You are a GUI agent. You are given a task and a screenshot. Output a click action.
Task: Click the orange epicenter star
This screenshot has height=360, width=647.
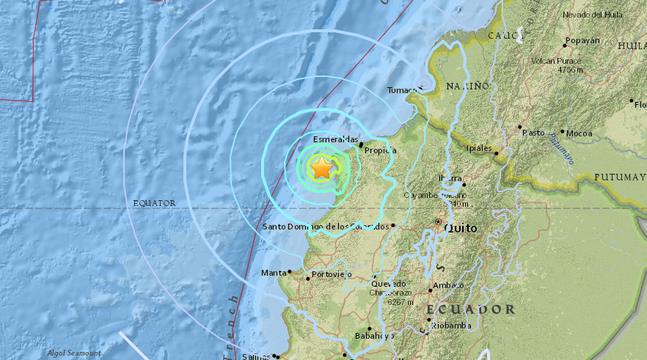(321, 169)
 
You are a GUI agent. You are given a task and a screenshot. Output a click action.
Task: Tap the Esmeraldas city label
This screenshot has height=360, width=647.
(335, 139)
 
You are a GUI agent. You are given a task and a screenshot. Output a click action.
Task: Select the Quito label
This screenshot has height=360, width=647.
(460, 228)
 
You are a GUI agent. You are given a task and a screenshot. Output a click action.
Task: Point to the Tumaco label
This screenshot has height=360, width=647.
(402, 91)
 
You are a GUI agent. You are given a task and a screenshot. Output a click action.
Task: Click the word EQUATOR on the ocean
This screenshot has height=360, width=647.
(155, 203)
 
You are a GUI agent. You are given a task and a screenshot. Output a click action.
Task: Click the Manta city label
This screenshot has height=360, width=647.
(274, 273)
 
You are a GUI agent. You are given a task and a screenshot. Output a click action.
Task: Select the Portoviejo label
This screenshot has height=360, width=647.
(332, 275)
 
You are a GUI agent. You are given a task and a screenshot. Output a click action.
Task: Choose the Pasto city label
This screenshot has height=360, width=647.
(533, 133)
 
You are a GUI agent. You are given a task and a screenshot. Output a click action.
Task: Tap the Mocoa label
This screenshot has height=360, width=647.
(579, 133)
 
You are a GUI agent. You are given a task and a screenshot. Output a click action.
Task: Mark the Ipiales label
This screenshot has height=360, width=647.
(479, 148)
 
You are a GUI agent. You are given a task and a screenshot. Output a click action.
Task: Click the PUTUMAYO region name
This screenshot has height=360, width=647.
(620, 177)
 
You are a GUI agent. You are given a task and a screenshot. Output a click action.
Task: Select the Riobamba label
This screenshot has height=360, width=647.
(450, 325)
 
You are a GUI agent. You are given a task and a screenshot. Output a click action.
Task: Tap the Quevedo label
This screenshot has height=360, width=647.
(388, 284)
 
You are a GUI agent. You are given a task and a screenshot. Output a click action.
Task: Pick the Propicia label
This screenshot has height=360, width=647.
(380, 150)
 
